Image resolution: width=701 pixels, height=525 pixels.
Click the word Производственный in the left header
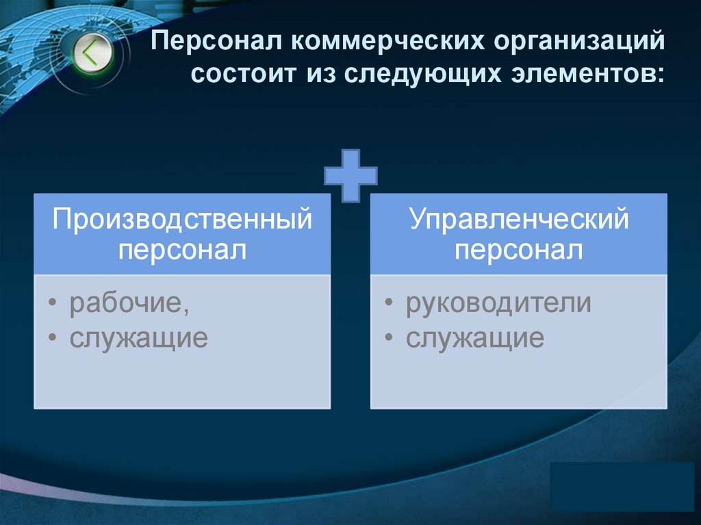[182, 220]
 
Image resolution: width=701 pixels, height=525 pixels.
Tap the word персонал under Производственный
[182, 249]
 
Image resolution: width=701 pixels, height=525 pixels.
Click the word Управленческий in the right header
[518, 220]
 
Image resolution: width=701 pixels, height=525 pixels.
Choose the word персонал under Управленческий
[518, 249]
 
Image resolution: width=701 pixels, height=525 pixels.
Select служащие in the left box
[138, 338]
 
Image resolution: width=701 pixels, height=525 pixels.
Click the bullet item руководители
[498, 303]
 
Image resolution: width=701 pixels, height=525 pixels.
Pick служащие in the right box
[474, 338]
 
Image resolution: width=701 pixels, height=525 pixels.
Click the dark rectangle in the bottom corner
[622, 486]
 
